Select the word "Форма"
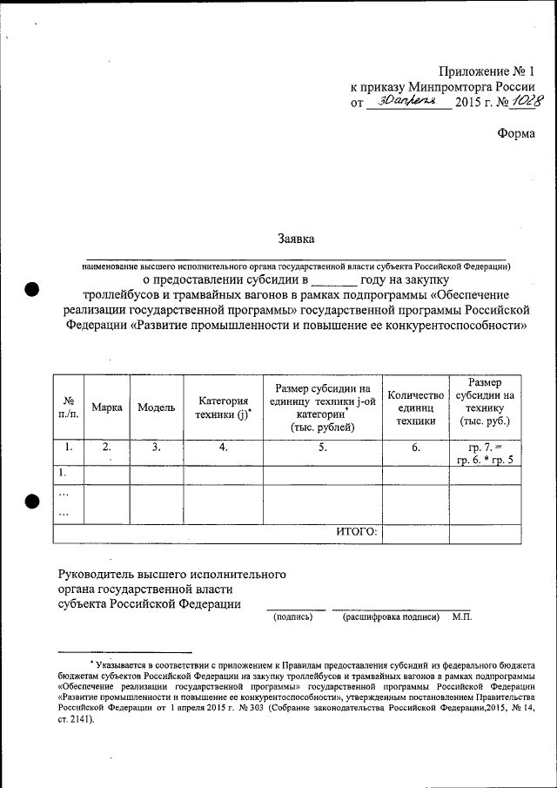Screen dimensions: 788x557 (x=516, y=133)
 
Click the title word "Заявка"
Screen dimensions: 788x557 (x=296, y=238)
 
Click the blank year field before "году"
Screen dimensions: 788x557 (x=334, y=281)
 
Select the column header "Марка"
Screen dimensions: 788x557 (x=106, y=407)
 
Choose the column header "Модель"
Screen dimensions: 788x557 (x=156, y=407)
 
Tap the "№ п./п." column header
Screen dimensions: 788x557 (x=68, y=407)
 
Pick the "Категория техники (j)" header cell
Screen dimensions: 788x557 (x=223, y=407)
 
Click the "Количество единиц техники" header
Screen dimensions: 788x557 (x=416, y=407)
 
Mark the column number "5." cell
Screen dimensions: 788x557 (x=322, y=448)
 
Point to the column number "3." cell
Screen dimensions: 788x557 (x=156, y=448)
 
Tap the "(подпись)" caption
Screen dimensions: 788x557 (x=293, y=616)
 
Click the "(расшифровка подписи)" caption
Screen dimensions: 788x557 (x=391, y=616)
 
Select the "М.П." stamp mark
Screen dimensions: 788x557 (x=461, y=616)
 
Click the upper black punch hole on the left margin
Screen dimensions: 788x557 (x=32, y=292)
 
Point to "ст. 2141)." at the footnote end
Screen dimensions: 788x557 (x=75, y=720)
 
